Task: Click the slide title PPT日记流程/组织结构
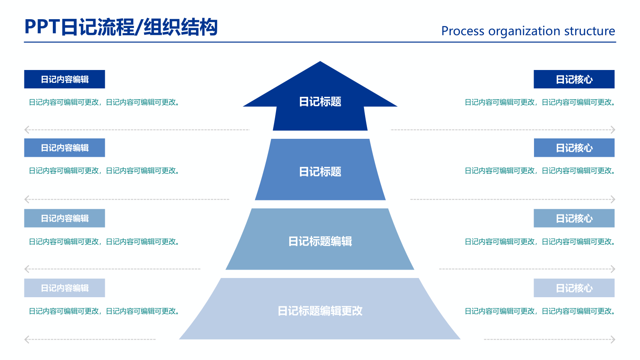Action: coord(121,27)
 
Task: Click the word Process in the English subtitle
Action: coord(462,31)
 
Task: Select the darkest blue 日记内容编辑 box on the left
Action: coord(64,79)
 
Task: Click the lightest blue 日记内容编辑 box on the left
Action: coord(64,288)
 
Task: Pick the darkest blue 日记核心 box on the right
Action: coord(574,79)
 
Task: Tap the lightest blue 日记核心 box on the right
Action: coord(574,288)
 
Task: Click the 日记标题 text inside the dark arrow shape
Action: coord(320,102)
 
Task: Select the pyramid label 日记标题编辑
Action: coord(320,241)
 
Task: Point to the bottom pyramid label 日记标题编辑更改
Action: coord(320,311)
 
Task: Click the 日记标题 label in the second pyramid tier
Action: coord(320,172)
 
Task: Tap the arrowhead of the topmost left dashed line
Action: coord(27,130)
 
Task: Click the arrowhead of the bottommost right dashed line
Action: coord(613,340)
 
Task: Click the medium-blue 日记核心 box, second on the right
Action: coord(574,148)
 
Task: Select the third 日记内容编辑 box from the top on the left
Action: coord(64,218)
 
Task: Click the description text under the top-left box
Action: coord(104,102)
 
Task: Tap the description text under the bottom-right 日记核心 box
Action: coord(540,311)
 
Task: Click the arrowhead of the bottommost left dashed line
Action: coord(27,340)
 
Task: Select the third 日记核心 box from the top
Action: coord(574,218)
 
